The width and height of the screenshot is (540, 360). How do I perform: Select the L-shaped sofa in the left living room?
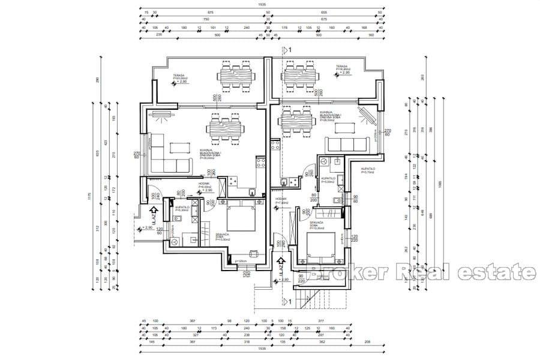[x=161, y=156]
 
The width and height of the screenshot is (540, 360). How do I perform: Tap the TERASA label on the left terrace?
[x=175, y=76]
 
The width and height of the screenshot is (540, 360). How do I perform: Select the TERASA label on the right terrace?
[x=342, y=68]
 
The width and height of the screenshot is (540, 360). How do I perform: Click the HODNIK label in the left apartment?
[x=205, y=185]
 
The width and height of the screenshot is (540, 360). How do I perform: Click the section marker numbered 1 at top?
[x=288, y=51]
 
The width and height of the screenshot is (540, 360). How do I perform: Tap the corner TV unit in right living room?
[x=365, y=115]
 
